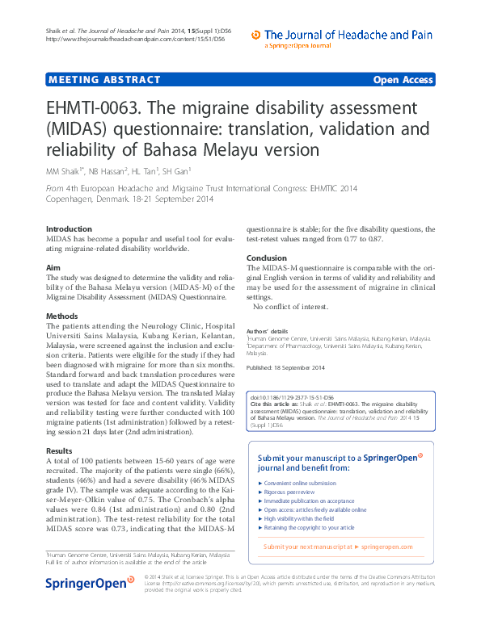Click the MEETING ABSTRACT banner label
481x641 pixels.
[104, 80]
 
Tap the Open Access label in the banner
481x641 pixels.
[403, 80]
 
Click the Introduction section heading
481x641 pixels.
[69, 229]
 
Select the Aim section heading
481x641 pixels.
[53, 266]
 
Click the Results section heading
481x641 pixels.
[59, 450]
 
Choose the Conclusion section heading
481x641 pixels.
[267, 258]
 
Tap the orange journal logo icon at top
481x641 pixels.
[256, 35]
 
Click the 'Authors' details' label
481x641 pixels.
[267, 331]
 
